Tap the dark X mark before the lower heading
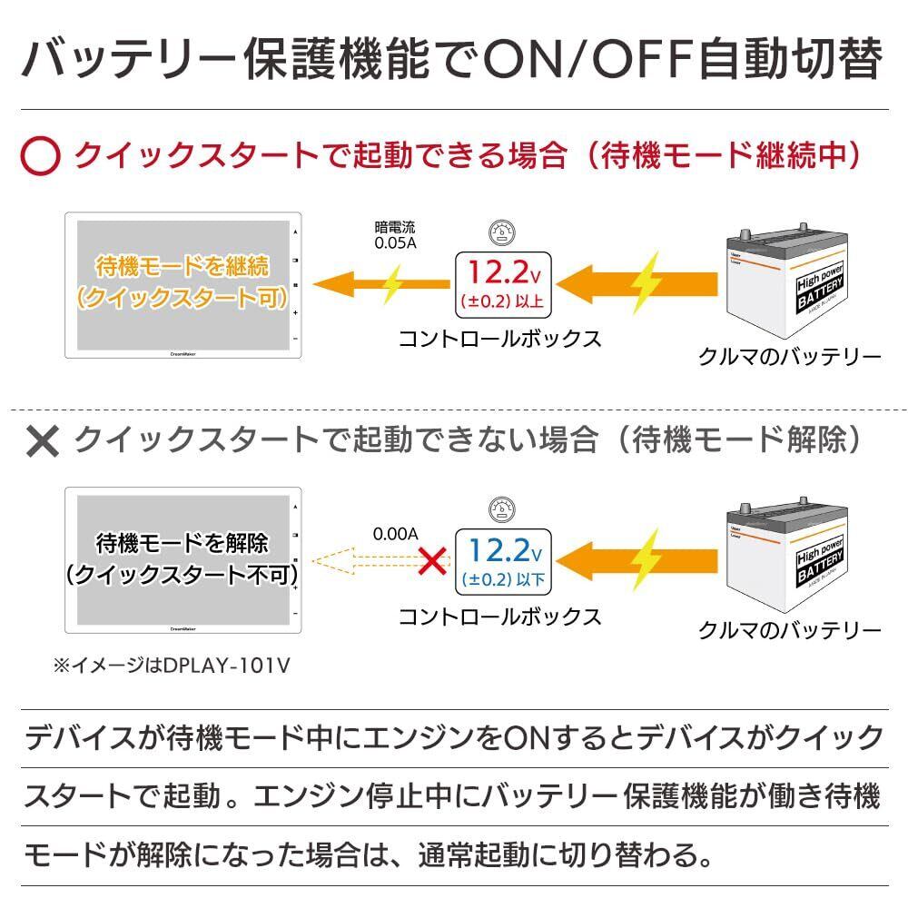coord(42,441)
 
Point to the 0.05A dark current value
coord(396,243)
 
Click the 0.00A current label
coord(395,534)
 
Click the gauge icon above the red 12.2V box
coord(498,232)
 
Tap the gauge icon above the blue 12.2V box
coord(498,509)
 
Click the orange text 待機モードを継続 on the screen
coord(183,267)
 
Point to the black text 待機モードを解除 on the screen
coord(183,544)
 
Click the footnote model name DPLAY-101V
coord(226,666)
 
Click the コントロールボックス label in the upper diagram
coord(499,339)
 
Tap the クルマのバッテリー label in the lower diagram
coord(789,629)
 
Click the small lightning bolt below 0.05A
coord(392,283)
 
